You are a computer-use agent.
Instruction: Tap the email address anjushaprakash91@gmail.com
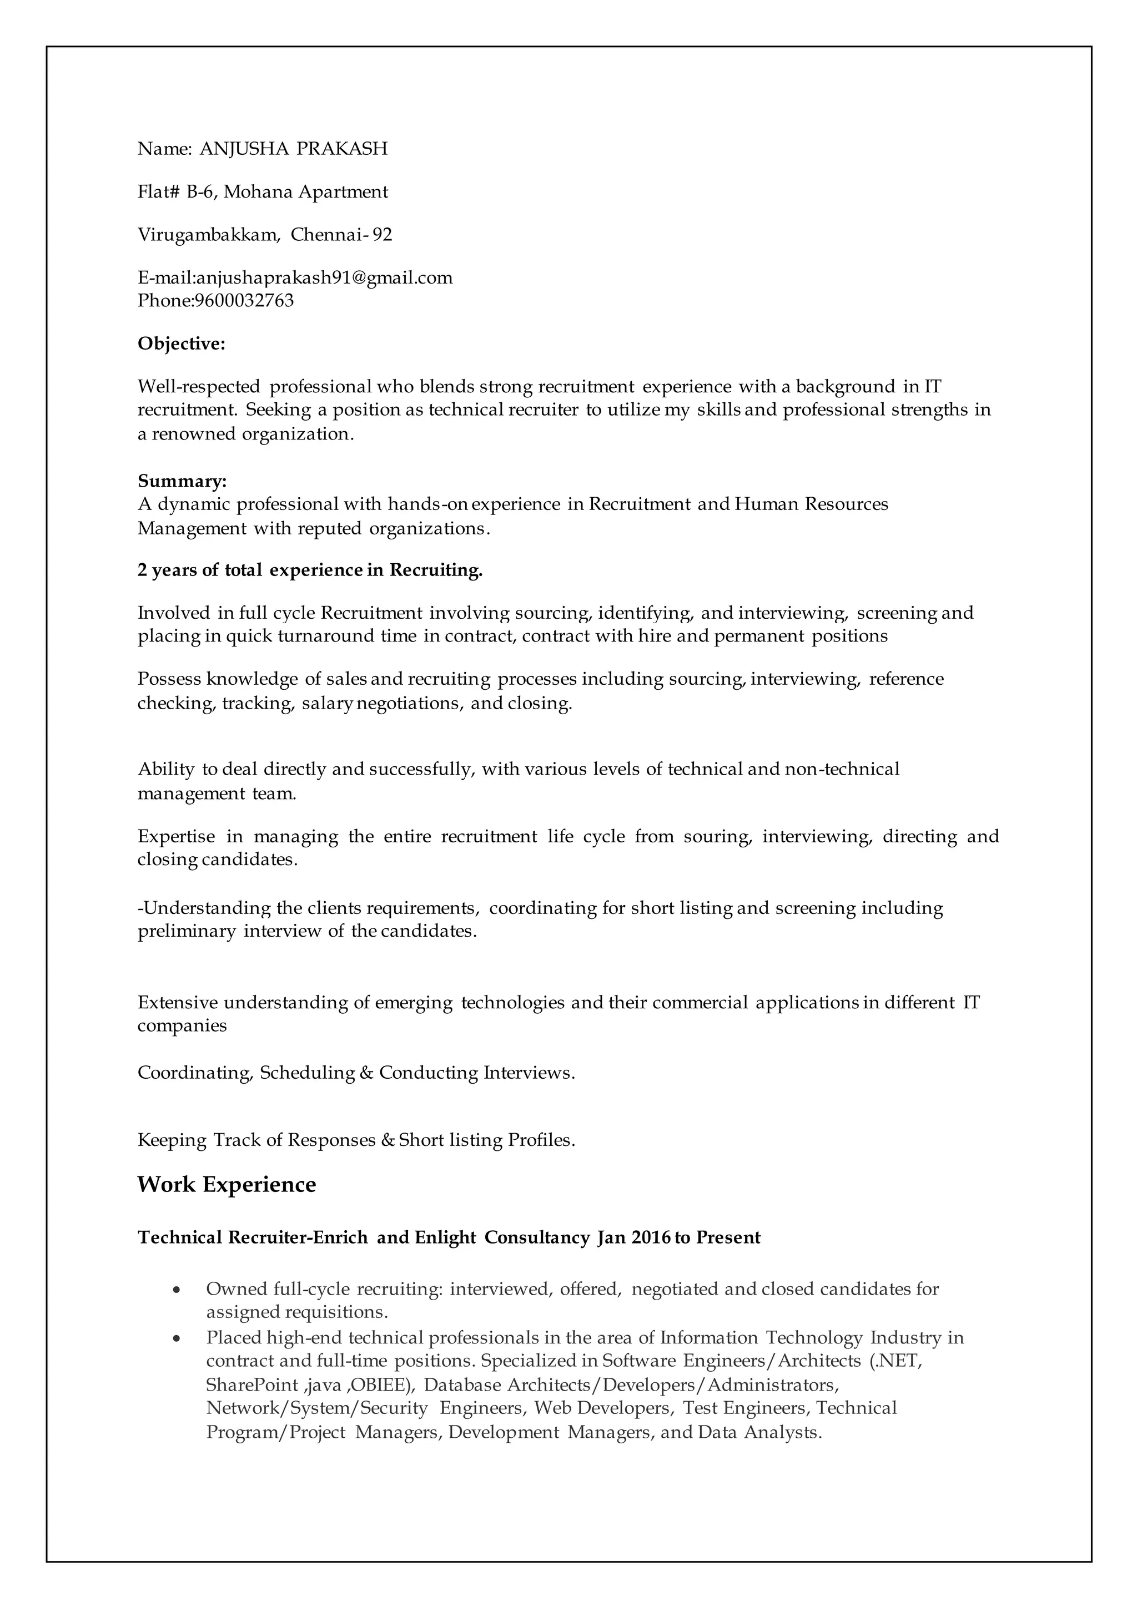coord(324,278)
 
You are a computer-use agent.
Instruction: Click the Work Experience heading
coord(227,1184)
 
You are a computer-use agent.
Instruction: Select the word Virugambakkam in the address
coord(208,235)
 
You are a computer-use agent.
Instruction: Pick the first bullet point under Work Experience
coord(178,1289)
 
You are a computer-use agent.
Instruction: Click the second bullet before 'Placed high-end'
coord(178,1338)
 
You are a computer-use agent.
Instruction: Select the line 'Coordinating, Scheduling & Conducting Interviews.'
coord(356,1073)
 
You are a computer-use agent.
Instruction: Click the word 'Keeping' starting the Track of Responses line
coord(172,1141)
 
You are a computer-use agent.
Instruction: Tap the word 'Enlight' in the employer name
coord(445,1237)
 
